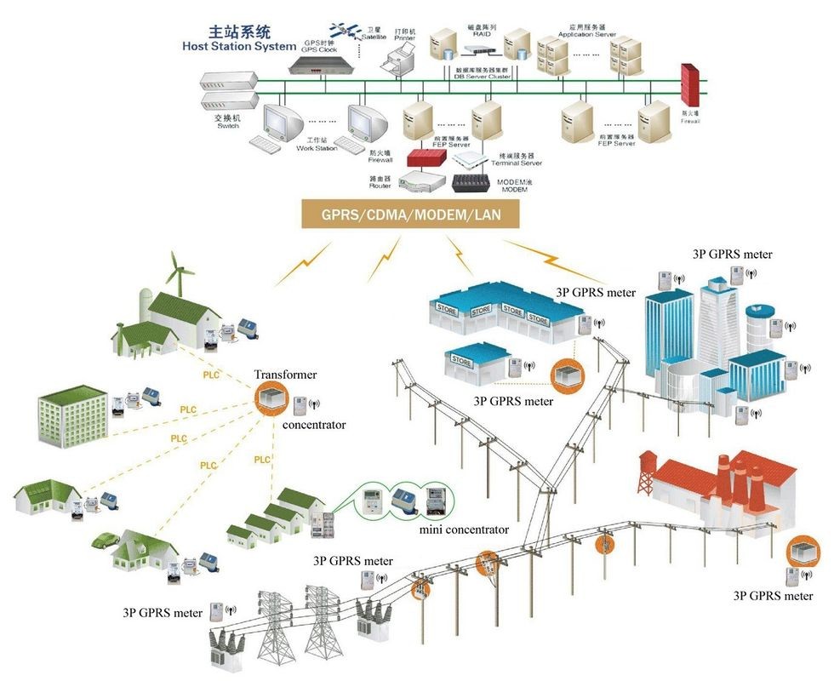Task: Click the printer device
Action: (x=397, y=61)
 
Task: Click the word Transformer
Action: (x=285, y=375)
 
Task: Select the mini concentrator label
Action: (x=464, y=529)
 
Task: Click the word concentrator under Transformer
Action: (x=314, y=424)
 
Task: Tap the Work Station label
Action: (x=317, y=149)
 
